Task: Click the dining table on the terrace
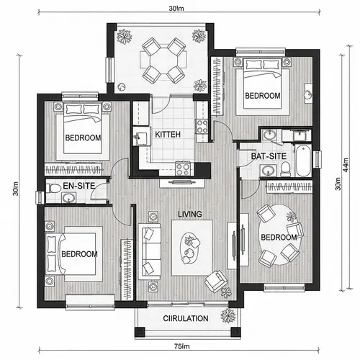[x=162, y=60]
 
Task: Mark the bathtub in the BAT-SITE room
[x=304, y=163]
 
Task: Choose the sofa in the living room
[x=150, y=248]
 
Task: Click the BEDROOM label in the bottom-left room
[x=79, y=254]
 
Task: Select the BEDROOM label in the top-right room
[x=262, y=96]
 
